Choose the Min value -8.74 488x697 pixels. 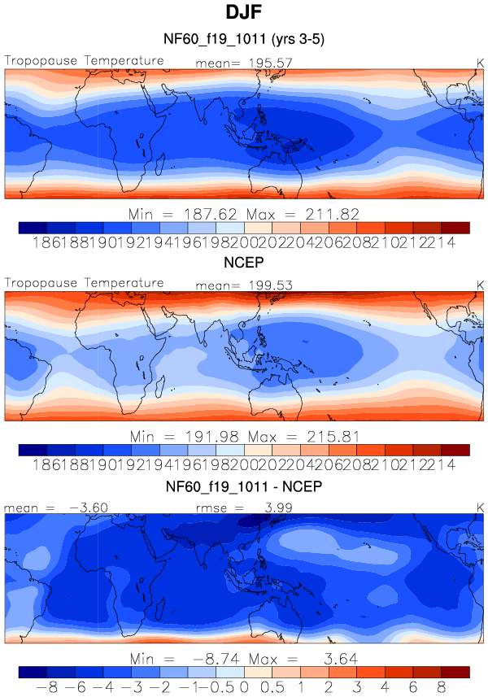[207, 658]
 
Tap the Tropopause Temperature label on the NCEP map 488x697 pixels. [84, 283]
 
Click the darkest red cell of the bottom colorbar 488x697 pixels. [455, 672]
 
